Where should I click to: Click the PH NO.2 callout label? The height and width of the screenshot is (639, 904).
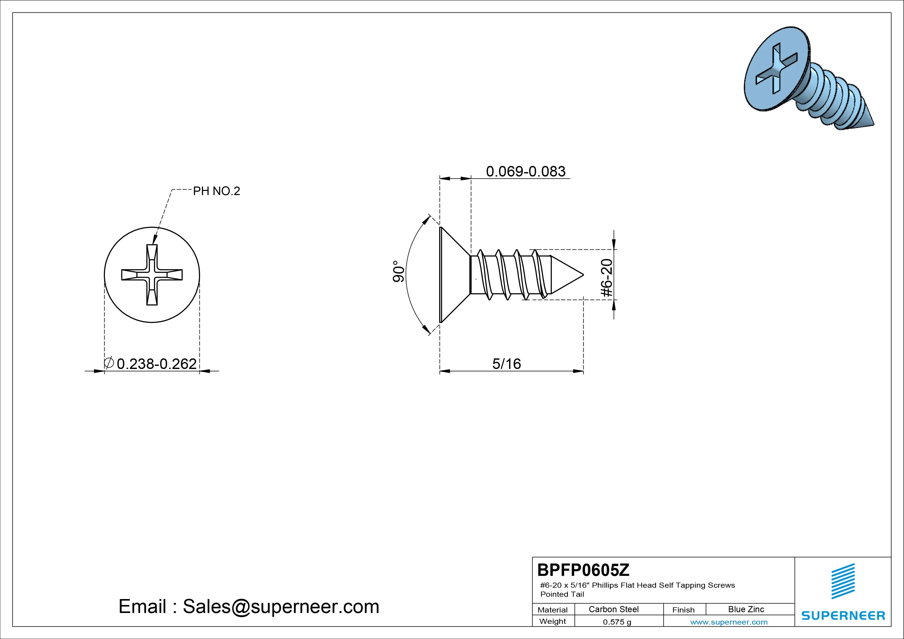(216, 191)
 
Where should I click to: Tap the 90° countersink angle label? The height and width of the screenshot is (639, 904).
(398, 271)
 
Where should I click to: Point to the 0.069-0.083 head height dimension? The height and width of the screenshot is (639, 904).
(526, 171)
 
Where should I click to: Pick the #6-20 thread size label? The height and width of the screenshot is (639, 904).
(607, 278)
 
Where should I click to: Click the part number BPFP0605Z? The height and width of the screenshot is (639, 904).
(583, 570)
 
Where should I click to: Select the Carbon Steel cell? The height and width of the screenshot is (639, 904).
(613, 609)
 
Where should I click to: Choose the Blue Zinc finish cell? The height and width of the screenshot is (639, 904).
(746, 609)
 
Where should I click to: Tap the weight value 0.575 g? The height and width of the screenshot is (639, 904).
(617, 622)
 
